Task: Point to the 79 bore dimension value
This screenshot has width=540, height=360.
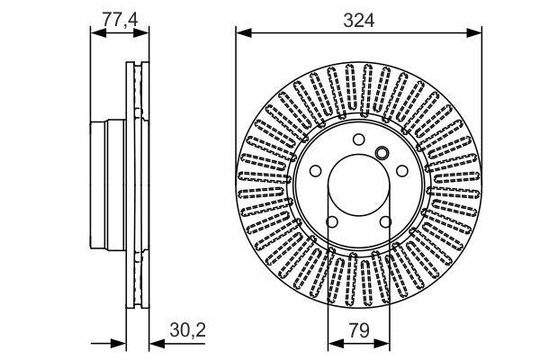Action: coord(358,329)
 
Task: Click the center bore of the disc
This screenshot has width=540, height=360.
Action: coord(358,184)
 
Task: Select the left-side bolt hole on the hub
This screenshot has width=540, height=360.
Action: coord(315,171)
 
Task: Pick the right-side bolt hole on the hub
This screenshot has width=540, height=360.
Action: coord(401,171)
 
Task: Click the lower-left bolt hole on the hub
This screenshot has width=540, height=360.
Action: coord(331,221)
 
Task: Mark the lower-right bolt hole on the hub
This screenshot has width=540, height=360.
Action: coord(385,221)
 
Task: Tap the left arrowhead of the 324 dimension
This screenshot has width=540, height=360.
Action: coord(242,33)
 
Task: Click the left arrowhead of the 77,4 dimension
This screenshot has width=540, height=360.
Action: coord(97,32)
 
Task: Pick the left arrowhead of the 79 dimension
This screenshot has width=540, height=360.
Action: coord(332,343)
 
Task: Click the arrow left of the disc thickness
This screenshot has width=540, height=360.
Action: coord(117,343)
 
